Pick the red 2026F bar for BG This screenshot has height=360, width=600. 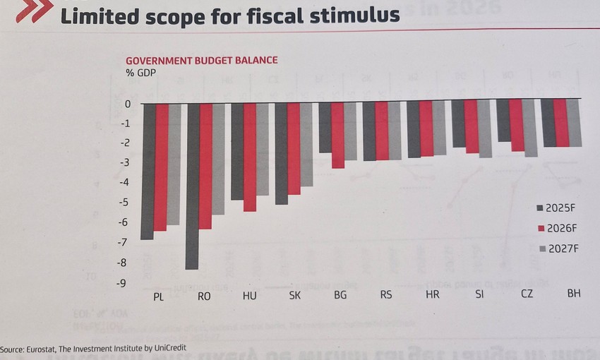[337, 135]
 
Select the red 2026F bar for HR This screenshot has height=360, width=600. [426, 128]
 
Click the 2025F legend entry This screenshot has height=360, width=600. [558, 208]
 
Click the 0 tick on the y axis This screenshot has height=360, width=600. [128, 104]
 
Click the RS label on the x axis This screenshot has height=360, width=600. [386, 295]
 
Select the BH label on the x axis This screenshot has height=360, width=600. [574, 293]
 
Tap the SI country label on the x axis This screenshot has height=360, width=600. [480, 294]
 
